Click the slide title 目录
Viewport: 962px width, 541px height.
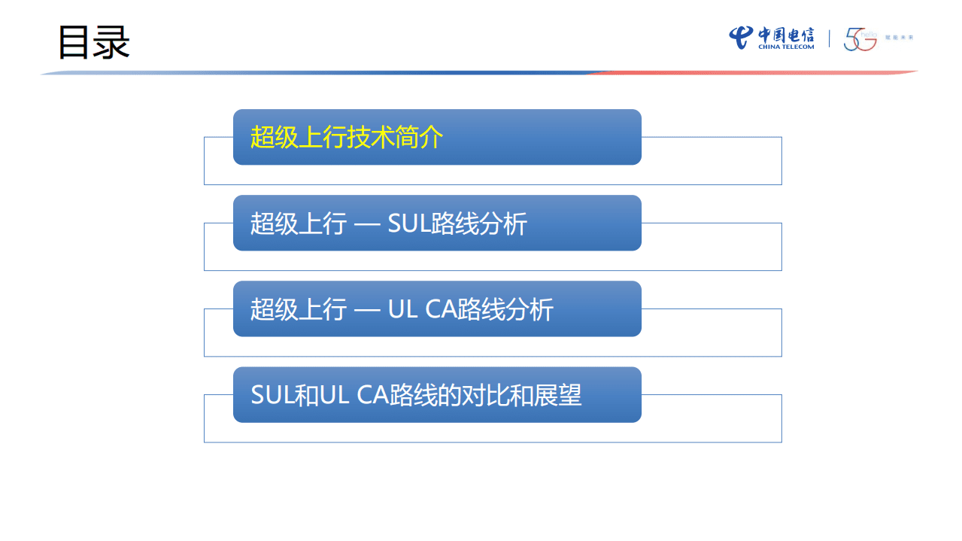pos(94,43)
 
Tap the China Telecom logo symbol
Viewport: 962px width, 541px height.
pos(740,37)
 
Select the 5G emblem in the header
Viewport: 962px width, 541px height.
pos(860,40)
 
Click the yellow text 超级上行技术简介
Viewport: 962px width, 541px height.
pos(347,138)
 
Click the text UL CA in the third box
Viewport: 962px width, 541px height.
pos(424,309)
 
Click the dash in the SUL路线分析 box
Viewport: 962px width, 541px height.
pos(366,224)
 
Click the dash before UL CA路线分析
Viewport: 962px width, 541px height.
pos(366,310)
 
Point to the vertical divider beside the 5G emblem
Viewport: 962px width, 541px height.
pos(829,38)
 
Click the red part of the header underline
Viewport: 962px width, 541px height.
pos(752,72)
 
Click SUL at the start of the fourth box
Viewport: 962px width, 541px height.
pos(270,395)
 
